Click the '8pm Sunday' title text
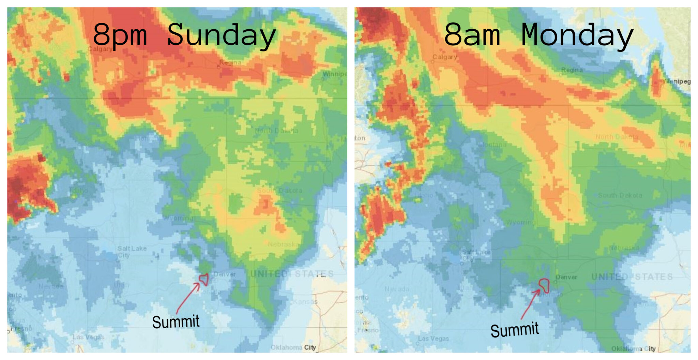point(184,35)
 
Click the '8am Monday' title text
point(538,35)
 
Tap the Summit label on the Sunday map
point(176,322)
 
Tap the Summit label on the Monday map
point(515,330)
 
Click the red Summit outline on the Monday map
point(544,285)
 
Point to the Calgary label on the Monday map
point(445,57)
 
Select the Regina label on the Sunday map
point(230,62)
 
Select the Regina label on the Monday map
point(572,70)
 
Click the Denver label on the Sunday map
point(225,274)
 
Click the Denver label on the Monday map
point(566,277)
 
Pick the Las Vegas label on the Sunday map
point(88,337)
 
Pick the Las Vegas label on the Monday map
point(433,339)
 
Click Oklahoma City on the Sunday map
point(293,347)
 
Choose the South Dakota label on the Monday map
point(620,195)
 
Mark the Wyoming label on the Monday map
point(520,222)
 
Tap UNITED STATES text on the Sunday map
point(292,274)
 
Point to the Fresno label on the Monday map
point(368,330)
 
